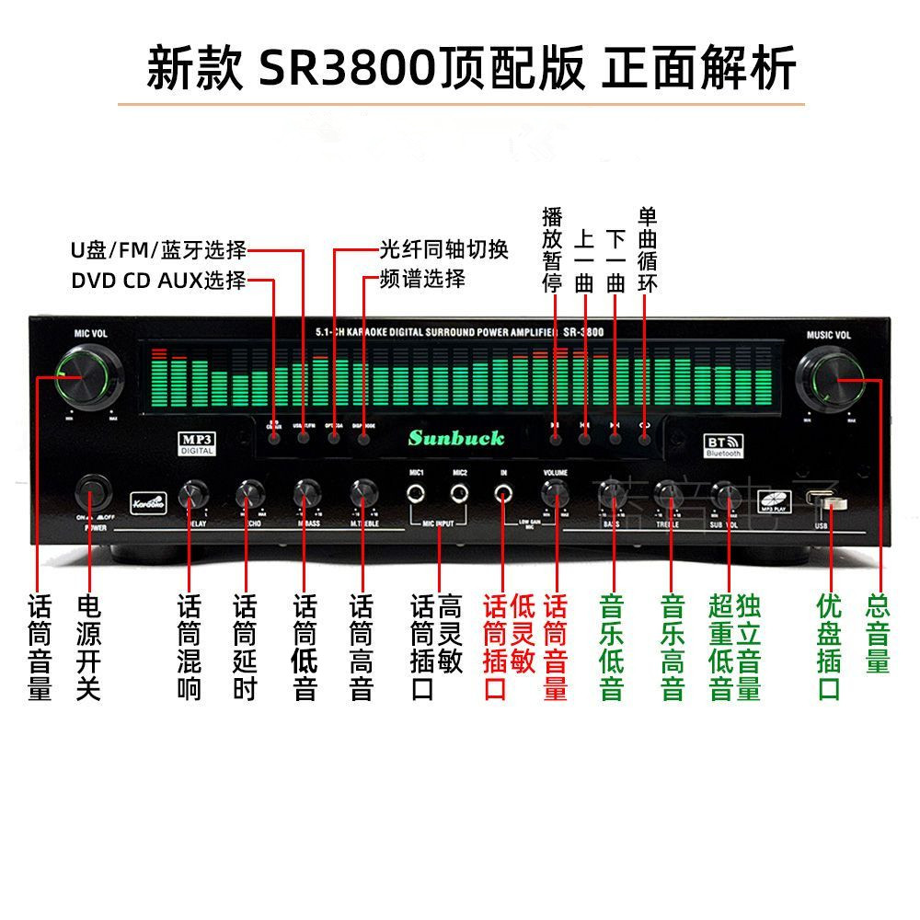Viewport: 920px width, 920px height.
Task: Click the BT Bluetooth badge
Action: [x=722, y=443]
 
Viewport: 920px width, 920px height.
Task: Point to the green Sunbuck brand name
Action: [x=456, y=438]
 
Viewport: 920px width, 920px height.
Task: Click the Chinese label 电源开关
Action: [x=88, y=648]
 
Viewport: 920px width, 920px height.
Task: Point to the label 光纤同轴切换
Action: [x=443, y=249]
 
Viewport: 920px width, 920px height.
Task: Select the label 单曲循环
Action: [x=648, y=249]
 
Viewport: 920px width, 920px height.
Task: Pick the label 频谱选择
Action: [x=422, y=279]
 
